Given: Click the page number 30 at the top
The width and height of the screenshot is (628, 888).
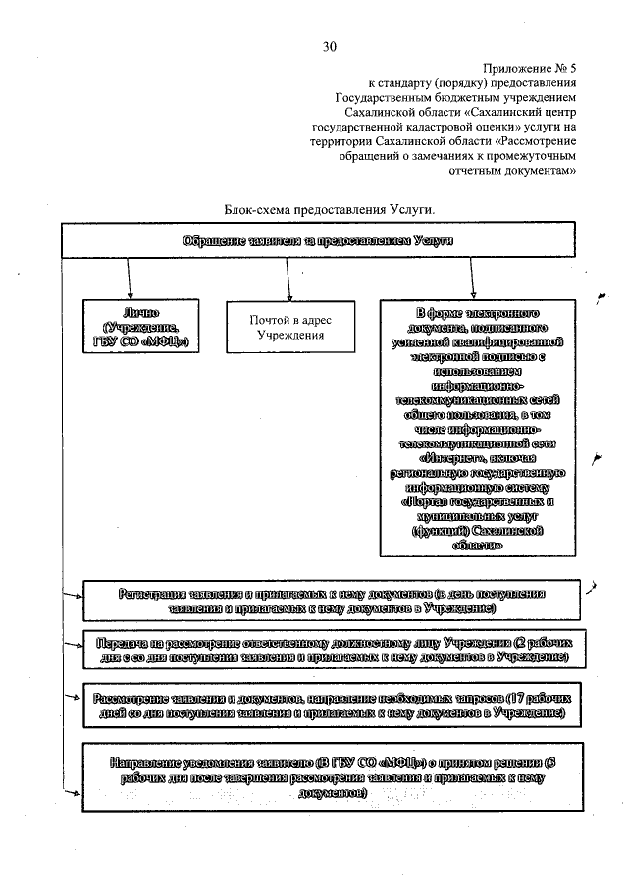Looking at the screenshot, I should pyautogui.click(x=329, y=46).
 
